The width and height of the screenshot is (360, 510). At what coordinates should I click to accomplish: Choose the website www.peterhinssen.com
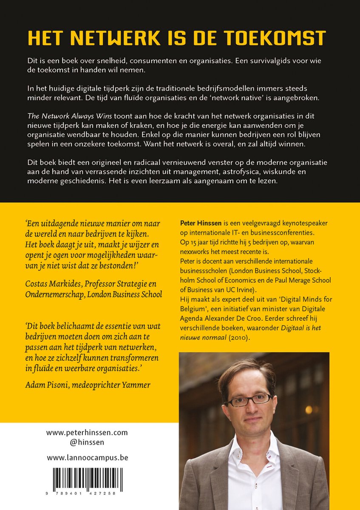click(87, 433)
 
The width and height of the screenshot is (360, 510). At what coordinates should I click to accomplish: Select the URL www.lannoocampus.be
click(87, 458)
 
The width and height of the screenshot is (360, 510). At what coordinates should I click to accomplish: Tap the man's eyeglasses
click(248, 399)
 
